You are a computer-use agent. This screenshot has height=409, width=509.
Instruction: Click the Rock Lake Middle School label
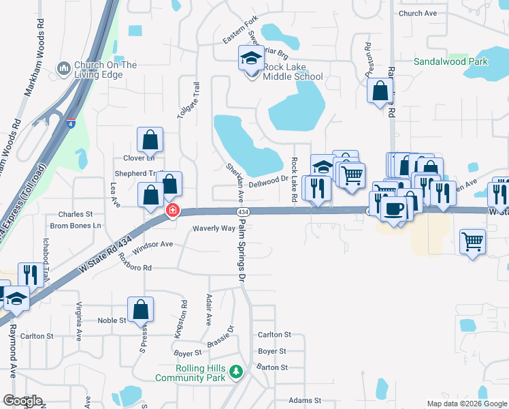click(x=293, y=72)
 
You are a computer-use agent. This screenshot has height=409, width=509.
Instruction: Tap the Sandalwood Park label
click(x=451, y=61)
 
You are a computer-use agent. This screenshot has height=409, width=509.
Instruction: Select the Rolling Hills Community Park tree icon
click(x=236, y=372)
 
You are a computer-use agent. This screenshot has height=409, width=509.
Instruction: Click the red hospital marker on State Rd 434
click(x=173, y=210)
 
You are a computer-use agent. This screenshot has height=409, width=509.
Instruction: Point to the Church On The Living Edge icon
click(x=65, y=67)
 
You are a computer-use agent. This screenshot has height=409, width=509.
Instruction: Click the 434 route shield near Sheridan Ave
click(x=242, y=213)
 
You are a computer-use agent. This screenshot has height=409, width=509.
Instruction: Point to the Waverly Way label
click(x=214, y=229)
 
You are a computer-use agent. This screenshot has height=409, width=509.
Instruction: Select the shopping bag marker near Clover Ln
click(x=150, y=140)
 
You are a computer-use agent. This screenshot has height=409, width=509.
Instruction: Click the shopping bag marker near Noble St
click(x=140, y=310)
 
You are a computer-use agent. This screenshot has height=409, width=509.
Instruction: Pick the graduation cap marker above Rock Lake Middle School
click(x=250, y=58)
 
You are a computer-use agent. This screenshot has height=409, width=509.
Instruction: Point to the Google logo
click(x=22, y=400)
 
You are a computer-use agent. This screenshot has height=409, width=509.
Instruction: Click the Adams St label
click(x=305, y=400)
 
